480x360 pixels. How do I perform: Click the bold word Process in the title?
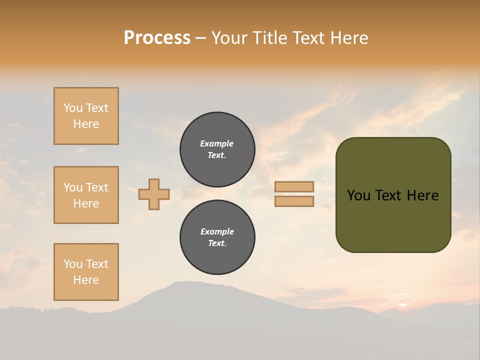tap(157, 38)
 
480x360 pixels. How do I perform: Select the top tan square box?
tap(86, 116)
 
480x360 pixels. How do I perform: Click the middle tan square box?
tap(86, 195)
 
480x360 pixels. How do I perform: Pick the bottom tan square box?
tap(86, 271)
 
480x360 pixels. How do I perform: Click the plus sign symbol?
tap(154, 194)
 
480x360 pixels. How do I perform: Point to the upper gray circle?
tap(217, 149)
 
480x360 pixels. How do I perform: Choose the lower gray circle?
tap(217, 237)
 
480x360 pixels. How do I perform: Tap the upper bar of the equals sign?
tap(294, 186)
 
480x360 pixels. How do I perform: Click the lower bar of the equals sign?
tap(294, 201)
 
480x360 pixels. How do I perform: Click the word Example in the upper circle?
tap(217, 143)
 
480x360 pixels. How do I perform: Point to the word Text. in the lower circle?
tap(217, 243)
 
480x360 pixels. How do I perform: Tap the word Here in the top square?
tap(86, 124)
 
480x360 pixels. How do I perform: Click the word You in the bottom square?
tap(73, 264)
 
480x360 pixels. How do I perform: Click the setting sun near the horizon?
tap(403, 303)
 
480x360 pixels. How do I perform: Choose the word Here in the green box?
tap(422, 195)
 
